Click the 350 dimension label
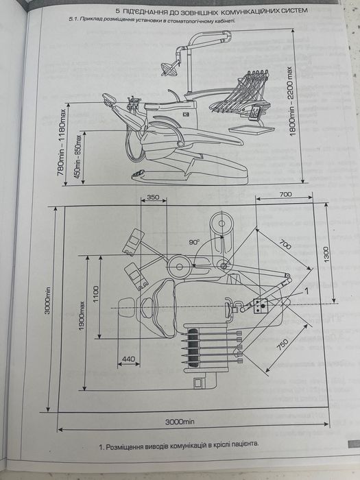(x=153, y=197)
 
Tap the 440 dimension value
(x=129, y=359)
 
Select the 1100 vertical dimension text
(x=96, y=294)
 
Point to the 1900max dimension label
(x=82, y=315)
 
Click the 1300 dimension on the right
(x=326, y=254)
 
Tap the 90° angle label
(x=194, y=242)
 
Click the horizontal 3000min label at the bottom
(x=180, y=422)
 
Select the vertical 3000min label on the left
(x=48, y=300)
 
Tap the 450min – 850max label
(x=77, y=156)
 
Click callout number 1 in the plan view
(x=305, y=289)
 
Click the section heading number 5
(x=117, y=11)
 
